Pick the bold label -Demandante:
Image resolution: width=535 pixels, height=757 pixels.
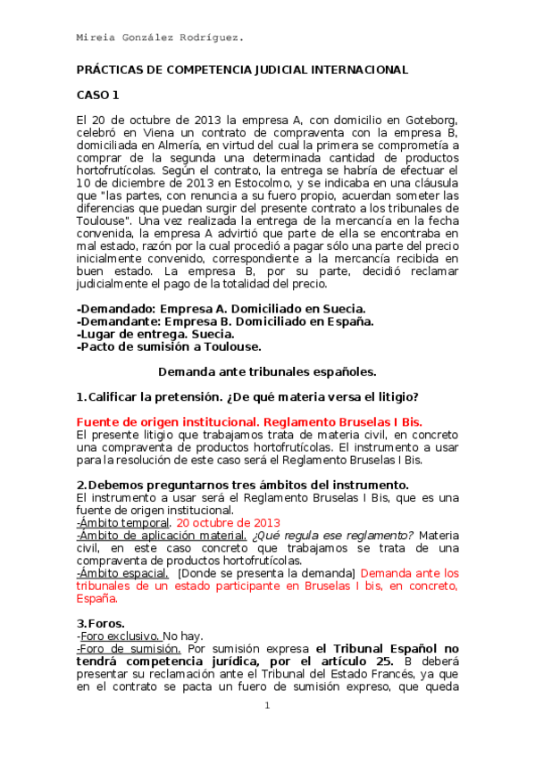coord(119,321)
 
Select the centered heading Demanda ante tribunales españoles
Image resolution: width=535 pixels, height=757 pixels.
coord(267,371)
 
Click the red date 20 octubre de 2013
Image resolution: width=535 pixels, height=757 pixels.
coord(228,522)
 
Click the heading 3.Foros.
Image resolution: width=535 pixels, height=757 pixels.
coord(101,622)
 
